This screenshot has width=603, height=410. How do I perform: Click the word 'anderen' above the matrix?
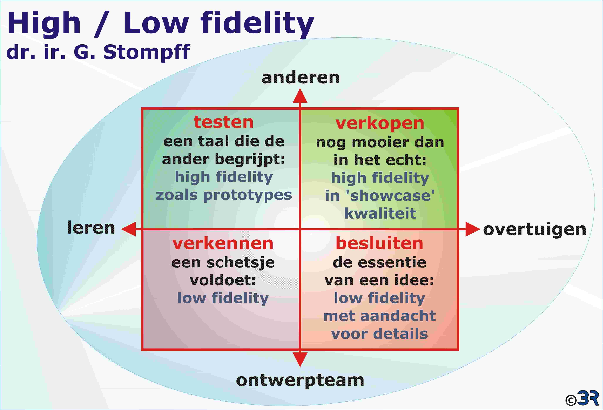point(300,78)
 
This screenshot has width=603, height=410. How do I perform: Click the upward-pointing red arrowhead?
point(300,96)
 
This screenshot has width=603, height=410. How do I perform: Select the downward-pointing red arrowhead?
point(300,359)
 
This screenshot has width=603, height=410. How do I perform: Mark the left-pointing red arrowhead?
point(129,229)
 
